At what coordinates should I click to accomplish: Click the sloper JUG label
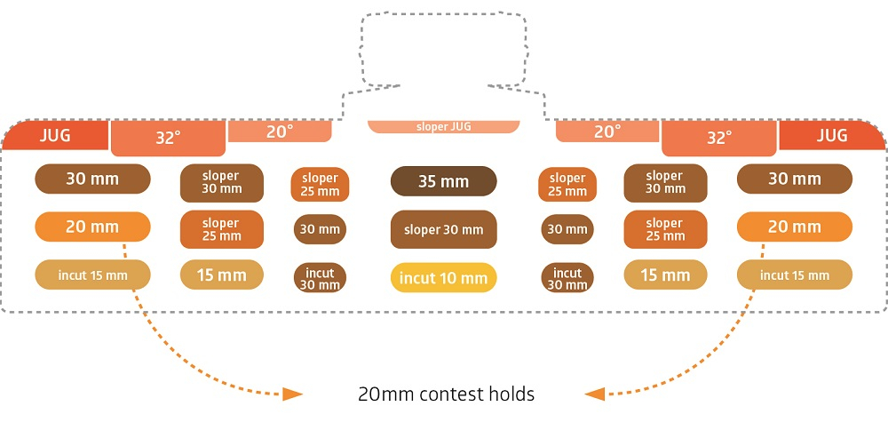coord(443,127)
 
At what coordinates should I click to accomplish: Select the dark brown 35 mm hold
coord(443,181)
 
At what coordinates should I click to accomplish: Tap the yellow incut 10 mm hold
coord(443,278)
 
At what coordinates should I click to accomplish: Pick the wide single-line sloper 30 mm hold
coord(443,229)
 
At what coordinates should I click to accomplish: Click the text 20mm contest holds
coord(447,394)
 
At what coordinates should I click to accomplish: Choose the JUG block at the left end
coord(54,135)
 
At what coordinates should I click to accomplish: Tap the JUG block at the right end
coord(832,135)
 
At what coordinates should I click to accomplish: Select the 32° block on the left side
coord(168,139)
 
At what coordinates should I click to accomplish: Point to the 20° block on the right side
coord(607,131)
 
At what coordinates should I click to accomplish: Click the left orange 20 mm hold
coord(92,227)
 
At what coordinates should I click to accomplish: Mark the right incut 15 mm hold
coord(795,275)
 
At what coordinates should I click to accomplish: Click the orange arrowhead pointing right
coord(293,394)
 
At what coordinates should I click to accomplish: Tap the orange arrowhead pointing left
coord(595,394)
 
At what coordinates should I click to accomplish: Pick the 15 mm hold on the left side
coord(221,275)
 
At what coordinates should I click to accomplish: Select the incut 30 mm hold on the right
coord(567,278)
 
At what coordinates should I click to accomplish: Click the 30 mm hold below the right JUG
coord(795,179)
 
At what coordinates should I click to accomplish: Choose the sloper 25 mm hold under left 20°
coord(320,185)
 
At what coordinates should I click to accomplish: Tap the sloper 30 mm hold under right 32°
coord(665,183)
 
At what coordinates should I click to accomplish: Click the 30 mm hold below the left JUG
coord(92,179)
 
